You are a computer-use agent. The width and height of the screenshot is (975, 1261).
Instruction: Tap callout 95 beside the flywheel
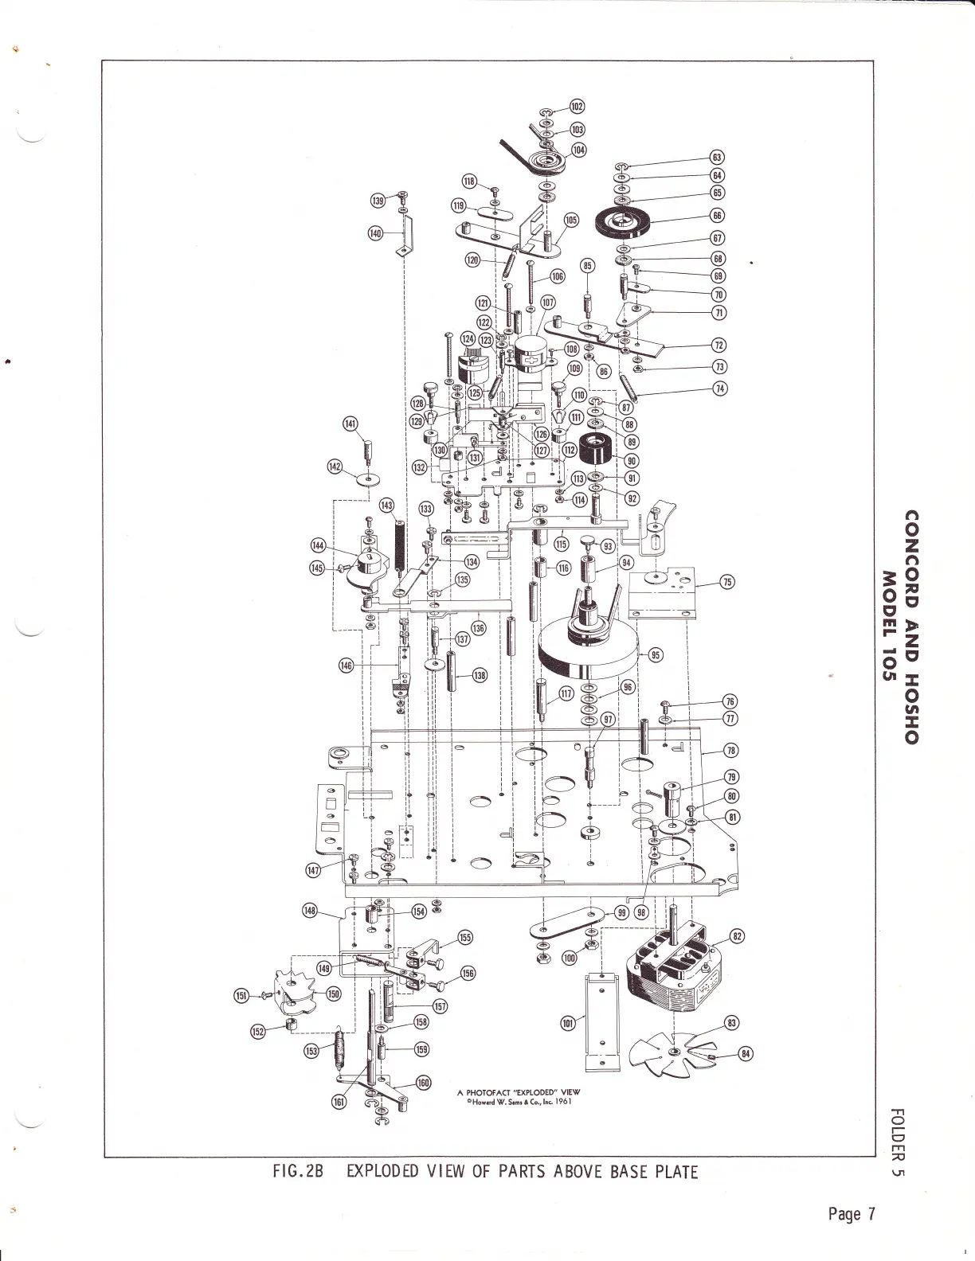[656, 655]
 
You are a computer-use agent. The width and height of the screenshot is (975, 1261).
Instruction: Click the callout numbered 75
[726, 582]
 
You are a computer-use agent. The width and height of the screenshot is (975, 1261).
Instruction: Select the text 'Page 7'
[852, 1214]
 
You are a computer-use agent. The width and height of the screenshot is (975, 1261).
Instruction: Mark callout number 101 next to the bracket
[568, 1024]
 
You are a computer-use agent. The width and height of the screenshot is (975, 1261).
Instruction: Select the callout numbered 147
[315, 871]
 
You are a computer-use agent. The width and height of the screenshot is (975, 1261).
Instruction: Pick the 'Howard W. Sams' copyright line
[519, 1103]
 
